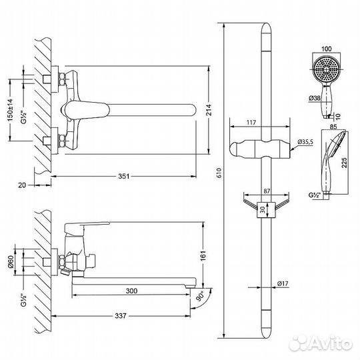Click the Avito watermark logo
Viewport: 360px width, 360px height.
328,343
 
